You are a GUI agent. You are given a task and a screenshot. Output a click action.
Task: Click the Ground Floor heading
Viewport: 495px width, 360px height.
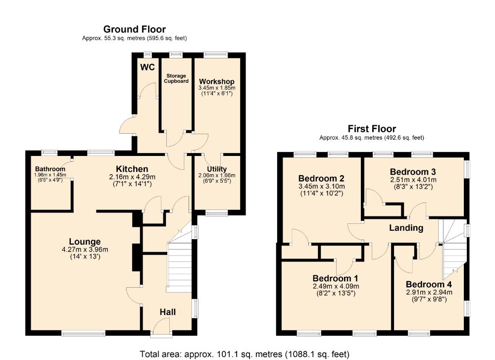(135, 29)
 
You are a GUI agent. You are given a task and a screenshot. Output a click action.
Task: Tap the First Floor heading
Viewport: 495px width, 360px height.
(372, 129)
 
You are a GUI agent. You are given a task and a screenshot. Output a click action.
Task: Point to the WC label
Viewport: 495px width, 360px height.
(148, 67)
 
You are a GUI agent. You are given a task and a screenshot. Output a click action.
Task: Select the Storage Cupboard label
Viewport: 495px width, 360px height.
(176, 78)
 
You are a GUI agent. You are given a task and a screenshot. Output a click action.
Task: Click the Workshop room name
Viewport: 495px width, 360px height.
(217, 82)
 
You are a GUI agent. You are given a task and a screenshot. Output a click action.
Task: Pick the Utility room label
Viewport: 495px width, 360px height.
(217, 169)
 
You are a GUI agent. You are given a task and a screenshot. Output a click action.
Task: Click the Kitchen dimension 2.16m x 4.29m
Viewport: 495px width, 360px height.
(132, 177)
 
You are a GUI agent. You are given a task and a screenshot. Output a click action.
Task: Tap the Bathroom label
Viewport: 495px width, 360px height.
(50, 169)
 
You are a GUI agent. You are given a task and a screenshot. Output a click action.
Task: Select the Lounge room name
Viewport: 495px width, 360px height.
(85, 242)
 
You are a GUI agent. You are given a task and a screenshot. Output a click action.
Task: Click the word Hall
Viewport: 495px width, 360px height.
(168, 312)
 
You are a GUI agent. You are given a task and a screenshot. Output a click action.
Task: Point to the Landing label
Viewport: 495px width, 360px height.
(406, 228)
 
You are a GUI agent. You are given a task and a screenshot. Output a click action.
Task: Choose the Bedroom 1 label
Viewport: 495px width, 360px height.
(335, 278)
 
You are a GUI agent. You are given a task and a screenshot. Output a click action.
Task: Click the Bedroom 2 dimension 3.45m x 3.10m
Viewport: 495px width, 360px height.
(322, 186)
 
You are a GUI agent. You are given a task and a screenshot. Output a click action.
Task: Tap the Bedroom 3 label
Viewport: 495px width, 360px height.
(413, 172)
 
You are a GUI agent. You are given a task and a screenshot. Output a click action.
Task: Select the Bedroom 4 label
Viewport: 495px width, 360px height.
(429, 284)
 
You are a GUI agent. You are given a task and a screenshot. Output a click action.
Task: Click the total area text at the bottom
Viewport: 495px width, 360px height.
(245, 354)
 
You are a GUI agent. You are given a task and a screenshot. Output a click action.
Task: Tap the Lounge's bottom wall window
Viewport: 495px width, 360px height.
(83, 333)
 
